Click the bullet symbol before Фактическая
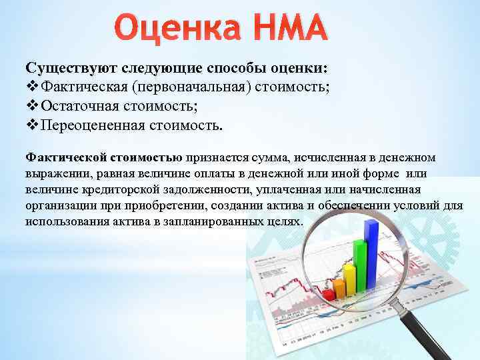32,87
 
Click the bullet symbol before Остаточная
32,107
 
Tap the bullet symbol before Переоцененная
32,125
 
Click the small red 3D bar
328,294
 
